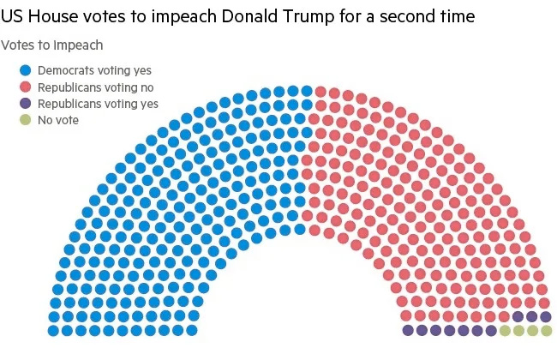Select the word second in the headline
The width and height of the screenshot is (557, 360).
click(x=423, y=16)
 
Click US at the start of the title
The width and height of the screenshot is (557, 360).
click(x=15, y=16)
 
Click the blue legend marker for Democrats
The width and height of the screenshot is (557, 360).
click(x=26, y=71)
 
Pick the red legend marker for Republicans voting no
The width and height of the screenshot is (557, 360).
click(x=26, y=87)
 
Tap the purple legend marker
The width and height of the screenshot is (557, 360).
click(x=26, y=104)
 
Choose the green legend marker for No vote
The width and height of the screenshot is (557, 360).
click(x=26, y=120)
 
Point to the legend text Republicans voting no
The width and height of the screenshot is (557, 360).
click(x=96, y=87)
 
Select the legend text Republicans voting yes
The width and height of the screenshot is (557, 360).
click(x=98, y=104)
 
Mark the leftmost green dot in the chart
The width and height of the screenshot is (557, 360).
click(x=505, y=330)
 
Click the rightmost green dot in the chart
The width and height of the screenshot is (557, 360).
click(x=546, y=330)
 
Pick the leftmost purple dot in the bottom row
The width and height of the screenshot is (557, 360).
click(x=408, y=330)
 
